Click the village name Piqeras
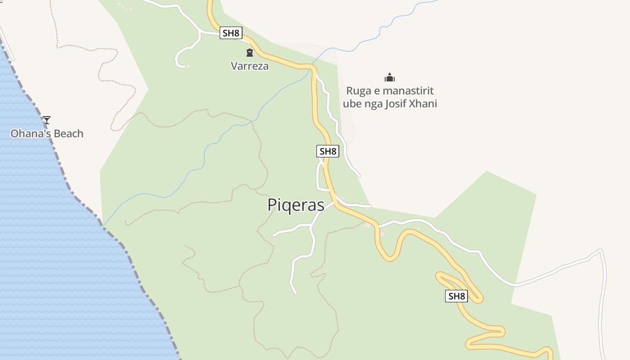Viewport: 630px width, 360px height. point(296,205)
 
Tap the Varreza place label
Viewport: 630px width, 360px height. point(250,66)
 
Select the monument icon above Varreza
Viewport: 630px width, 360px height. point(250,53)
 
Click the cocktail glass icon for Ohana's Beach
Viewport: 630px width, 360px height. point(47,120)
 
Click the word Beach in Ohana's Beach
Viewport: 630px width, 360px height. point(67,134)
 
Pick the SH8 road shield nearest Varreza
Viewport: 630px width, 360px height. point(231,33)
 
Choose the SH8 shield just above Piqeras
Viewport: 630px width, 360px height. point(328,151)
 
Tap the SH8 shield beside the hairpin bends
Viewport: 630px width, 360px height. point(456,296)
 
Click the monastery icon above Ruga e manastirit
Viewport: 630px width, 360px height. point(390,77)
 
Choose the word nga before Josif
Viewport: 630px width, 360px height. point(373,104)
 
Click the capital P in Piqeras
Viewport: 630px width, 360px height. point(272,205)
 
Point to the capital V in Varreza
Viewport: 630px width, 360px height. point(234,66)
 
